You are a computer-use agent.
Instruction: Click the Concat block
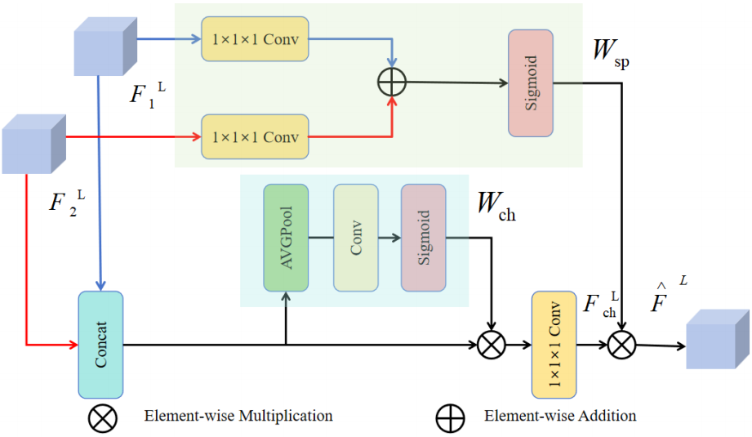point(100,345)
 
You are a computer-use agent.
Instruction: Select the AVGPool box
point(286,238)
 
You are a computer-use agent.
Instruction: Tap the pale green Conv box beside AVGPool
point(356,238)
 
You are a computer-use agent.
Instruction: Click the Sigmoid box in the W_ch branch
point(424,238)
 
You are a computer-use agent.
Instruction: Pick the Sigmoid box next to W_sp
point(531,83)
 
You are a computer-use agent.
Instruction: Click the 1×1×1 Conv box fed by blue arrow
point(255,39)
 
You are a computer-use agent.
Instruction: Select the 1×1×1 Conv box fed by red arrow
point(255,136)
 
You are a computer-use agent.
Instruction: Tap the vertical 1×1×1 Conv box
point(554,345)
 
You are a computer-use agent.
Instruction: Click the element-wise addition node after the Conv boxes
point(392,82)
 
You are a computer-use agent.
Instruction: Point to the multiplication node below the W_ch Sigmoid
point(492,345)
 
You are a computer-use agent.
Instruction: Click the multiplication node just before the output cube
point(622,345)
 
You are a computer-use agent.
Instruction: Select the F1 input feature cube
point(105,47)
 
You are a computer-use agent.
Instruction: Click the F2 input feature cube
point(34,144)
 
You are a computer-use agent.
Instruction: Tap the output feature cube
point(718,339)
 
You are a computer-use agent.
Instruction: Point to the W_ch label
point(496,207)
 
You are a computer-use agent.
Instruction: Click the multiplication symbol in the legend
point(103,418)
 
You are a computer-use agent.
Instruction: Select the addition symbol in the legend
point(451,418)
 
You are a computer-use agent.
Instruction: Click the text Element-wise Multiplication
point(238,416)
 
